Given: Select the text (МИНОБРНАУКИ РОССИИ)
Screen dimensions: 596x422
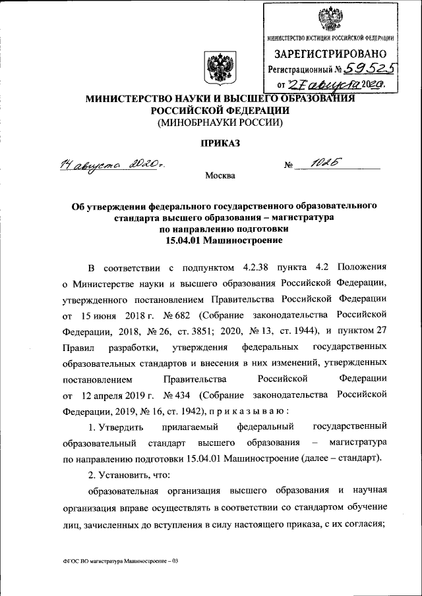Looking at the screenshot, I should click(211, 122).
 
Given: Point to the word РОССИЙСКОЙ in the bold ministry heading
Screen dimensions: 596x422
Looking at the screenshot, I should click(182, 111).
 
